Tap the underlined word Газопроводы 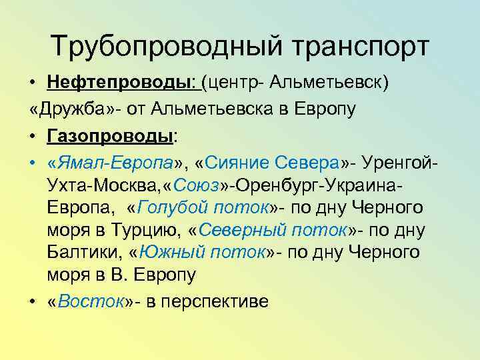[110, 136]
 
